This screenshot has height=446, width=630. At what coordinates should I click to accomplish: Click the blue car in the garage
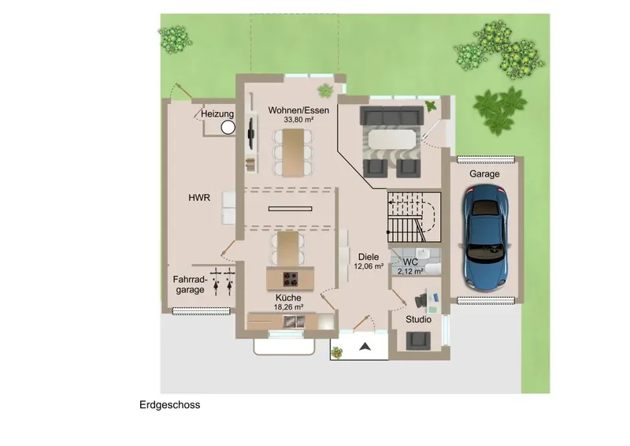coord(485,237)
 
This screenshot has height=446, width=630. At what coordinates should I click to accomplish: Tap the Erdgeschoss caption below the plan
coord(169,404)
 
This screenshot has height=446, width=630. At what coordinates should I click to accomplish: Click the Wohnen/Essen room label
coord(298,110)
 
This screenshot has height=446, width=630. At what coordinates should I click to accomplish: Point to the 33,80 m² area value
coord(298,120)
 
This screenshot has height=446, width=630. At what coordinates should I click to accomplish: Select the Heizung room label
coord(217,113)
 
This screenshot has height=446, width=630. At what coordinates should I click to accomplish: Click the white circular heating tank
coord(228,128)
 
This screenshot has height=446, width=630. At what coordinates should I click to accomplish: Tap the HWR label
coord(199,198)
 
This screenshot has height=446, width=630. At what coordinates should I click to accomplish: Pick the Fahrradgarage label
coord(190,284)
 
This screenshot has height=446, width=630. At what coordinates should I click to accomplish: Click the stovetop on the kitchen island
coord(290,278)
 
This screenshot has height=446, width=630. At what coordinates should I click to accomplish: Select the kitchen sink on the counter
coord(294,321)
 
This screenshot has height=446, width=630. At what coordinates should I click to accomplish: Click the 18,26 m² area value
coord(288,307)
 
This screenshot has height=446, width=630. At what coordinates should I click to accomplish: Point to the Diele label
coord(369,257)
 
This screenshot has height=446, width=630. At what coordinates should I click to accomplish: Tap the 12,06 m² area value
coord(369,266)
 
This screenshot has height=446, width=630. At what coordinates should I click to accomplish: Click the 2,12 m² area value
coord(410,271)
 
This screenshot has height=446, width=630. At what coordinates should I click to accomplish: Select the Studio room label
coord(418,319)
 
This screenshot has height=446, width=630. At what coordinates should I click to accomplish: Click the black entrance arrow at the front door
coord(365,347)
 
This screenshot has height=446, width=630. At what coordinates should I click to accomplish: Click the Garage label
coord(484,173)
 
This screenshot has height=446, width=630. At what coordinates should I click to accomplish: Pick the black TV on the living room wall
coord(250,132)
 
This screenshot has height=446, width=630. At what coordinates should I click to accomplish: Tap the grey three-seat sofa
coord(391,116)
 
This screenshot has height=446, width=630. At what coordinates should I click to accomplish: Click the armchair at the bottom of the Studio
coord(418,341)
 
